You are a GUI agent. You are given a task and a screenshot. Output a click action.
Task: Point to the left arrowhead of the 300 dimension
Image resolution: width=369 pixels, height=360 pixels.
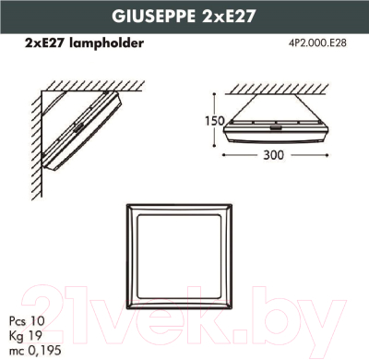coord(228,155)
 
